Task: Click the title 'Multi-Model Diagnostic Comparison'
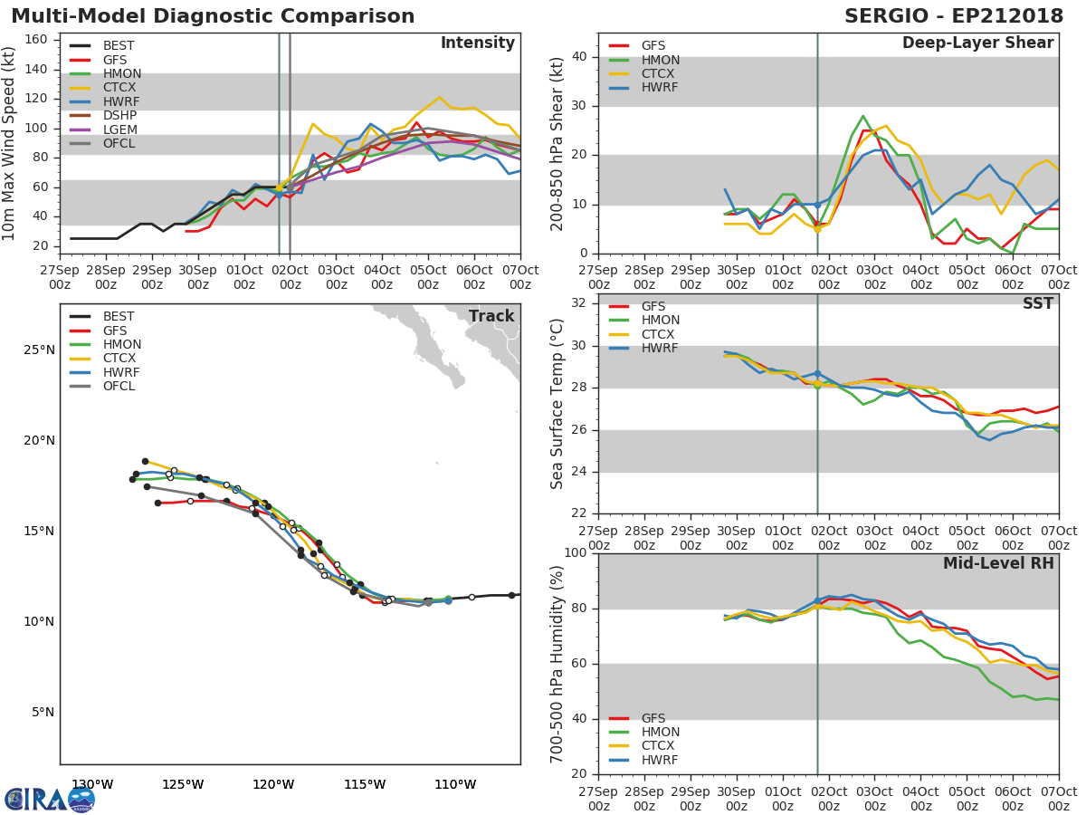[x=213, y=16]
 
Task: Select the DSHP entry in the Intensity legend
[x=119, y=116]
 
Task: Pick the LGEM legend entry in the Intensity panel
[x=119, y=130]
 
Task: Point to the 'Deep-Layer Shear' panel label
[x=977, y=43]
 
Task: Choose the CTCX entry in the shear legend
[x=660, y=73]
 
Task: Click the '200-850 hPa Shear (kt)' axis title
[x=557, y=143]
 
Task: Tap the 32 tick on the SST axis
[x=579, y=303]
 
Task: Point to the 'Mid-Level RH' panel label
[x=998, y=563]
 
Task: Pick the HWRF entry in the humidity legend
[x=659, y=760]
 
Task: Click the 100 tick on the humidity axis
[x=575, y=553]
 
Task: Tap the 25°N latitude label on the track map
[x=39, y=350]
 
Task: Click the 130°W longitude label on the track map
[x=92, y=784]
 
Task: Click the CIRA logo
[x=49, y=799]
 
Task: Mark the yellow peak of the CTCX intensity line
[x=439, y=98]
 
